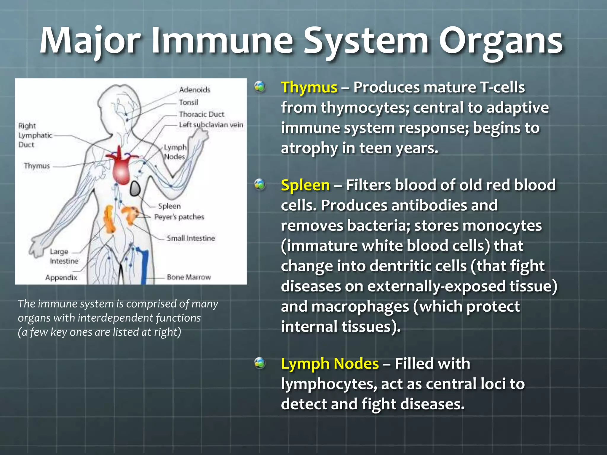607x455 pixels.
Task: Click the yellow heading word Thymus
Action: tap(309, 88)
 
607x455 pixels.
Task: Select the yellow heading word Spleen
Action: tap(305, 185)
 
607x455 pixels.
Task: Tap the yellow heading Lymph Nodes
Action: tap(330, 364)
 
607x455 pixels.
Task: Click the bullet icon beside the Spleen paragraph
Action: tap(260, 185)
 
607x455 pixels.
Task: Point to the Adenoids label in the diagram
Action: tap(194, 90)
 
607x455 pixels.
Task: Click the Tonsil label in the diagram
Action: tap(188, 102)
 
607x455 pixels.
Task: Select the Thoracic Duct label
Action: tap(202, 114)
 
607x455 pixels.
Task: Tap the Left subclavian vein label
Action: tap(211, 125)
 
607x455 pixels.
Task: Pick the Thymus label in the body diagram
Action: tap(37, 166)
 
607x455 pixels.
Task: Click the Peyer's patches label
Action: tap(179, 217)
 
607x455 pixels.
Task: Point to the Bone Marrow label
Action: tap(189, 277)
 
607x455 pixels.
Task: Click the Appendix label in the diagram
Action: tap(61, 278)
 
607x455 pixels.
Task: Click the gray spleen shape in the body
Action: tap(135, 189)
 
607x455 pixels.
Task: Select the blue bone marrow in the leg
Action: tap(144, 267)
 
